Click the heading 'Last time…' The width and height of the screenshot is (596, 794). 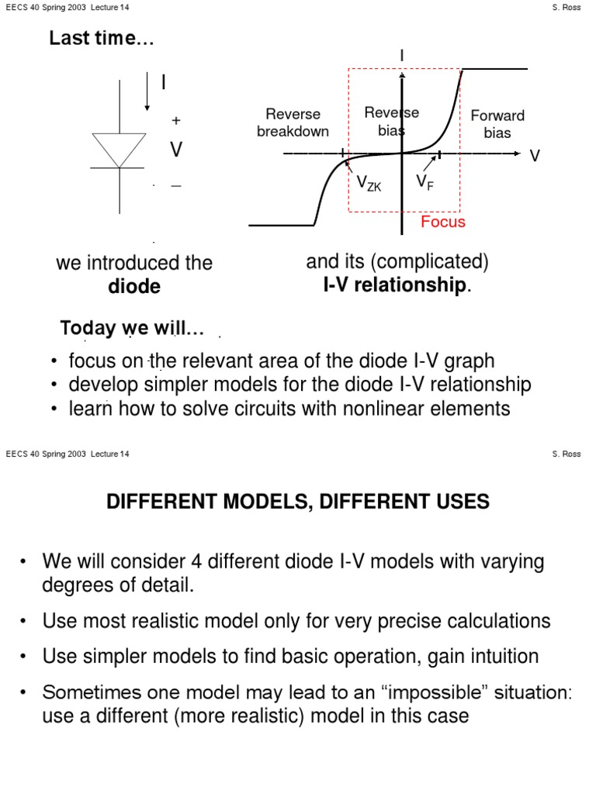tap(102, 39)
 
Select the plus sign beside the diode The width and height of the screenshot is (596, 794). tap(176, 121)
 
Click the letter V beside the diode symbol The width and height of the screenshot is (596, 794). tap(176, 150)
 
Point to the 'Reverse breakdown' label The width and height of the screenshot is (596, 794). tap(293, 123)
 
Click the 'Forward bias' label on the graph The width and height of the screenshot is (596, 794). tap(497, 123)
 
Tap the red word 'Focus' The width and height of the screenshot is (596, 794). tap(442, 223)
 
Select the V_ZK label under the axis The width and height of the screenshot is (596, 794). tap(369, 183)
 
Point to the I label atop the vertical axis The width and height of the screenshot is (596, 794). tap(402, 56)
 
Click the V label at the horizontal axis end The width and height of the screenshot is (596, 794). tap(534, 156)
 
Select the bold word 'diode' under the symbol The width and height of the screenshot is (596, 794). tap(134, 286)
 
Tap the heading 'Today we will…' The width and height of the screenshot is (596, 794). tap(132, 329)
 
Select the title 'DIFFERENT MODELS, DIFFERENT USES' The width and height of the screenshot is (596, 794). tap(298, 502)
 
